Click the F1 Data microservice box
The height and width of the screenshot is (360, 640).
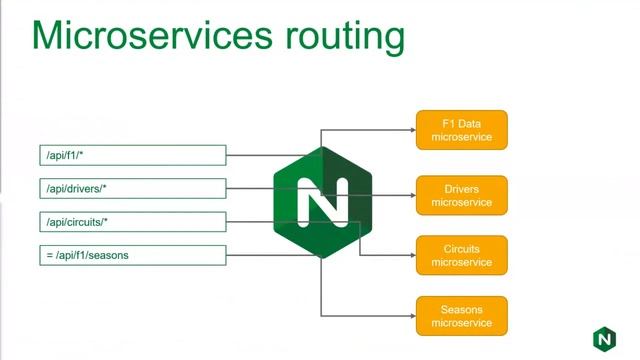pyautogui.click(x=462, y=130)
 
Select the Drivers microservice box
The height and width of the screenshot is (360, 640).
pyautogui.click(x=462, y=195)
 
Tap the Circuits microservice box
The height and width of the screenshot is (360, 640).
pyautogui.click(x=462, y=255)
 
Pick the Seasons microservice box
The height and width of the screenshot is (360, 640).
pyautogui.click(x=462, y=316)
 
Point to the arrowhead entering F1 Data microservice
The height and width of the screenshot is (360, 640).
pyautogui.click(x=411, y=130)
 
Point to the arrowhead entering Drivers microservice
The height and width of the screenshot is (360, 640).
pyautogui.click(x=411, y=195)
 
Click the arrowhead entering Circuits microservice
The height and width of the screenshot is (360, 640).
pyautogui.click(x=411, y=255)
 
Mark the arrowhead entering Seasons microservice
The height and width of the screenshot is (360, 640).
pyautogui.click(x=411, y=316)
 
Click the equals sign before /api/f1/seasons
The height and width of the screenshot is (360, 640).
pyautogui.click(x=48, y=255)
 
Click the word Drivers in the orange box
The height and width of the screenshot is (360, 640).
pyautogui.click(x=462, y=188)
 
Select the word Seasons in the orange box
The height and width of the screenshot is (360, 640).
pyautogui.click(x=462, y=309)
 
